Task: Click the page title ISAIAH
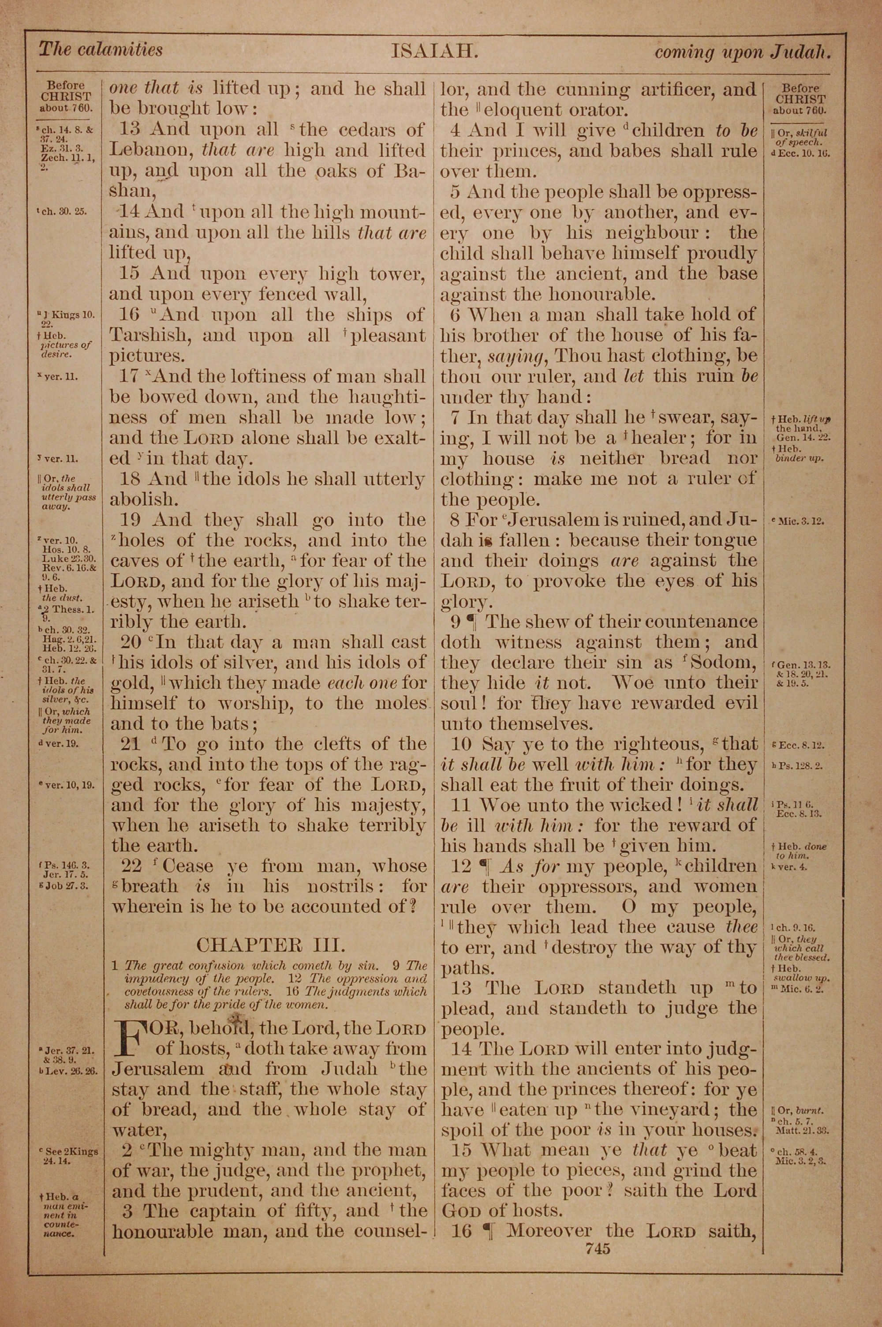click(434, 52)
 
